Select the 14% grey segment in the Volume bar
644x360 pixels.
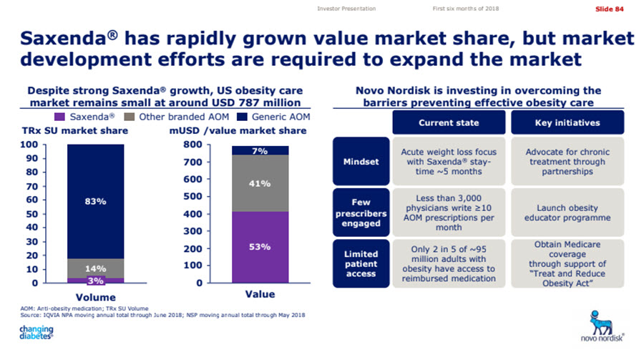pos(95,268)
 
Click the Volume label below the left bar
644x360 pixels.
pos(95,296)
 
